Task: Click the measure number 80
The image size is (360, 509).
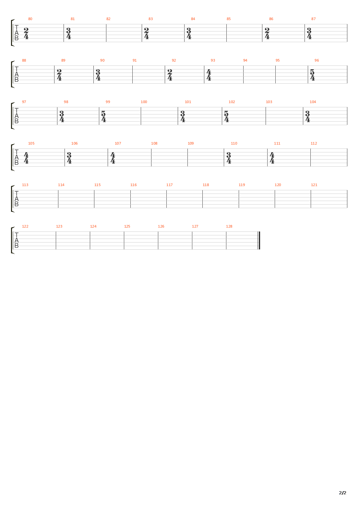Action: tap(30, 19)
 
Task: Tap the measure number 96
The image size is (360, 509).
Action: tap(317, 60)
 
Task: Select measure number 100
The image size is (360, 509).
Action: tap(144, 102)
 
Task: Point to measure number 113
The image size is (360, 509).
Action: tap(25, 185)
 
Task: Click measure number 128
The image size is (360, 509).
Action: tap(229, 226)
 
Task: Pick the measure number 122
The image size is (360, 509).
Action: tap(25, 226)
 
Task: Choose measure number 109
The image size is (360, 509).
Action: tap(191, 143)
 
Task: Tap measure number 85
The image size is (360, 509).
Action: tap(229, 19)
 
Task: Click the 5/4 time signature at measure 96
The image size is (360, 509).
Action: tap(312, 75)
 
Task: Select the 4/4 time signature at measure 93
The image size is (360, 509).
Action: tap(209, 75)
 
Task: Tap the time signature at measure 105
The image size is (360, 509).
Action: tap(26, 158)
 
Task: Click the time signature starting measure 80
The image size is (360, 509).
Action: tap(26, 33)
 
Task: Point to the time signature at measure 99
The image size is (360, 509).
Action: tap(103, 116)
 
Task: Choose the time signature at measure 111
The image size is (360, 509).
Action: tap(272, 158)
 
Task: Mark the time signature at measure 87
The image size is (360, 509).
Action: tap(309, 33)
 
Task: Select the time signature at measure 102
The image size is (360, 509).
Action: tap(226, 116)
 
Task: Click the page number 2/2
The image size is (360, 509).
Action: tap(342, 493)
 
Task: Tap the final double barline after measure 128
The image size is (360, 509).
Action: tap(259, 241)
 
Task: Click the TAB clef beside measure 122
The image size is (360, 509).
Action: tap(17, 241)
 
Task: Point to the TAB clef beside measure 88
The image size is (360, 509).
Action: tap(17, 75)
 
